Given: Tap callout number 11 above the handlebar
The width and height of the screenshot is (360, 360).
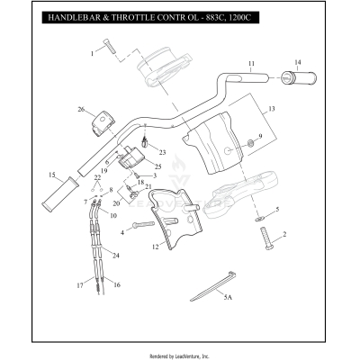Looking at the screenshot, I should pyautogui.click(x=252, y=64).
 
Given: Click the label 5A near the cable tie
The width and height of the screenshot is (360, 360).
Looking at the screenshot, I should pyautogui.click(x=228, y=295).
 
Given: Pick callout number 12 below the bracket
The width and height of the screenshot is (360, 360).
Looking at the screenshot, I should pyautogui.click(x=155, y=245).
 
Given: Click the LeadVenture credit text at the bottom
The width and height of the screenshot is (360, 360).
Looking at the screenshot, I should pyautogui.click(x=179, y=355).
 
